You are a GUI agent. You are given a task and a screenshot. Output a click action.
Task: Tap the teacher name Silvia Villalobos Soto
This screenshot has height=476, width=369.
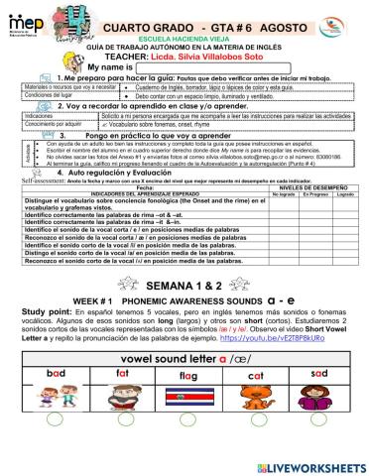click(x=209, y=43)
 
